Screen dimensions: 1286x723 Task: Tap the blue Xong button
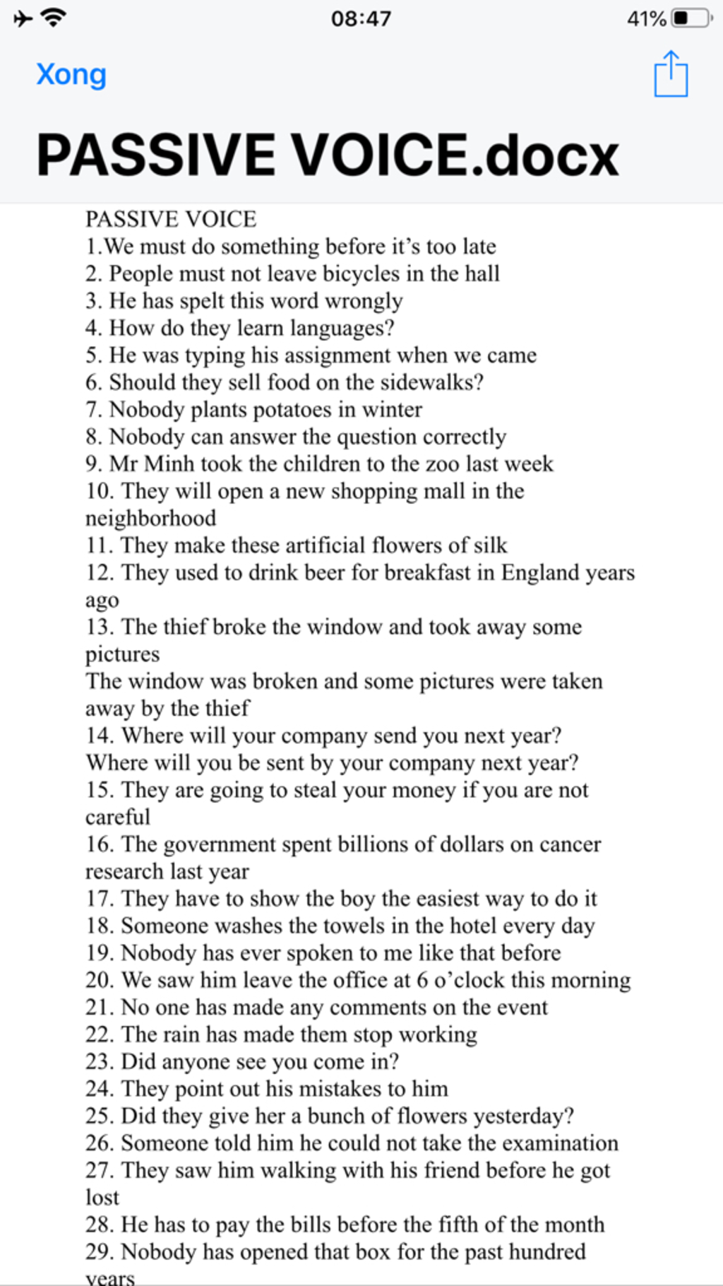pyautogui.click(x=71, y=75)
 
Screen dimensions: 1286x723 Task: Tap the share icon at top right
pyautogui.click(x=670, y=74)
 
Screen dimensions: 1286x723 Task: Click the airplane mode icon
pyautogui.click(x=23, y=18)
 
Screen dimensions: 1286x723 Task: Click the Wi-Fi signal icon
pyautogui.click(x=53, y=18)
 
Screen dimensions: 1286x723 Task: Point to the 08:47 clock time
pyautogui.click(x=361, y=18)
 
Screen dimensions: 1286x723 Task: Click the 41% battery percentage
pyautogui.click(x=646, y=18)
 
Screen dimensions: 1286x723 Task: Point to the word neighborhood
pyautogui.click(x=150, y=519)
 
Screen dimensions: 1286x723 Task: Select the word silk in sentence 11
pyautogui.click(x=490, y=545)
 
